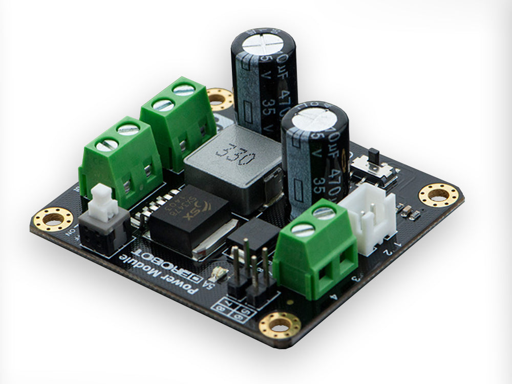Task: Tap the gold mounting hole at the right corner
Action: (438, 195)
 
